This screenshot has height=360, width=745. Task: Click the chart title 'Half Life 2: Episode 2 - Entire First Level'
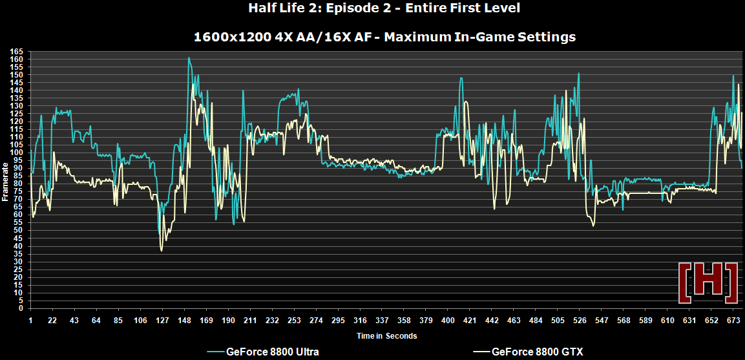(384, 8)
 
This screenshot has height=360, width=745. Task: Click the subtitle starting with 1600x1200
(384, 37)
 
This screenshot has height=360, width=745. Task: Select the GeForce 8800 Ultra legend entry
(272, 352)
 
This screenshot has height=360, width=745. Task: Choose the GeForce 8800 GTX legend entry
(537, 352)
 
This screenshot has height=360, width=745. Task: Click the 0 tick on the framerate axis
(21, 308)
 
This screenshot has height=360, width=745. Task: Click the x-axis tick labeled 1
(30, 321)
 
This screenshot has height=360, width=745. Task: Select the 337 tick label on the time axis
(382, 321)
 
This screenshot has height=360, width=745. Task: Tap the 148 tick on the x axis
(185, 321)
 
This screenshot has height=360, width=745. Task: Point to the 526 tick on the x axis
(579, 321)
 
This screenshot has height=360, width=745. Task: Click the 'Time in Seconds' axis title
(386, 335)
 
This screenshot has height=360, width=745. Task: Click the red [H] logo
(708, 282)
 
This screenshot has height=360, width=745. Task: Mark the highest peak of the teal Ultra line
(189, 58)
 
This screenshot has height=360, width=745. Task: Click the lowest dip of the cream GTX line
(161, 250)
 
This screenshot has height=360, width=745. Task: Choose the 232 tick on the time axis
(273, 321)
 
